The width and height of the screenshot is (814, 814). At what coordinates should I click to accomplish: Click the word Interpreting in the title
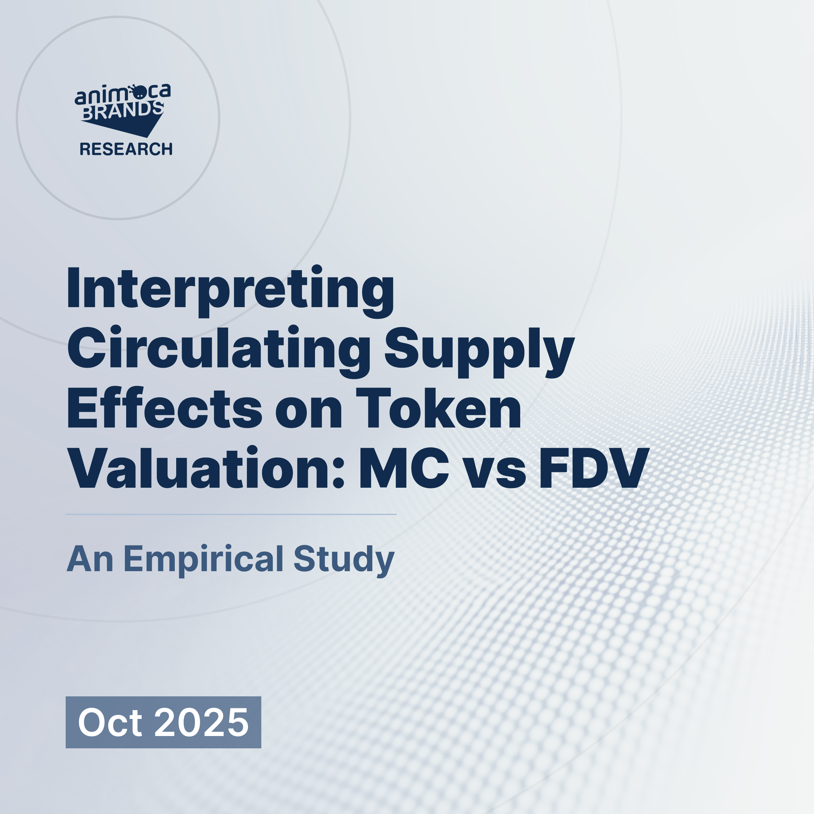(231, 290)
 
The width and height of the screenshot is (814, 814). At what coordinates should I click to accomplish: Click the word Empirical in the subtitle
(203, 560)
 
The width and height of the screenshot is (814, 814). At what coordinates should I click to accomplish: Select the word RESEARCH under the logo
(126, 149)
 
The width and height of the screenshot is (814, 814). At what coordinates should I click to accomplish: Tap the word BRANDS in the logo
(122, 110)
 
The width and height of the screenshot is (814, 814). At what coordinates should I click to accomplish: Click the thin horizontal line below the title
(231, 514)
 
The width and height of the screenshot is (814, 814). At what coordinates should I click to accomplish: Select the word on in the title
(309, 411)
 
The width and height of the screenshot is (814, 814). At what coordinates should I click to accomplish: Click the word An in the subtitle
(90, 560)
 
